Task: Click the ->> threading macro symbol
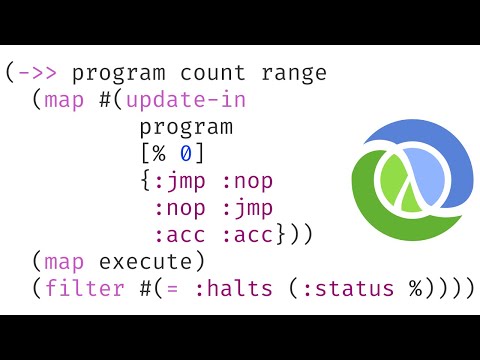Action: point(37,73)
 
